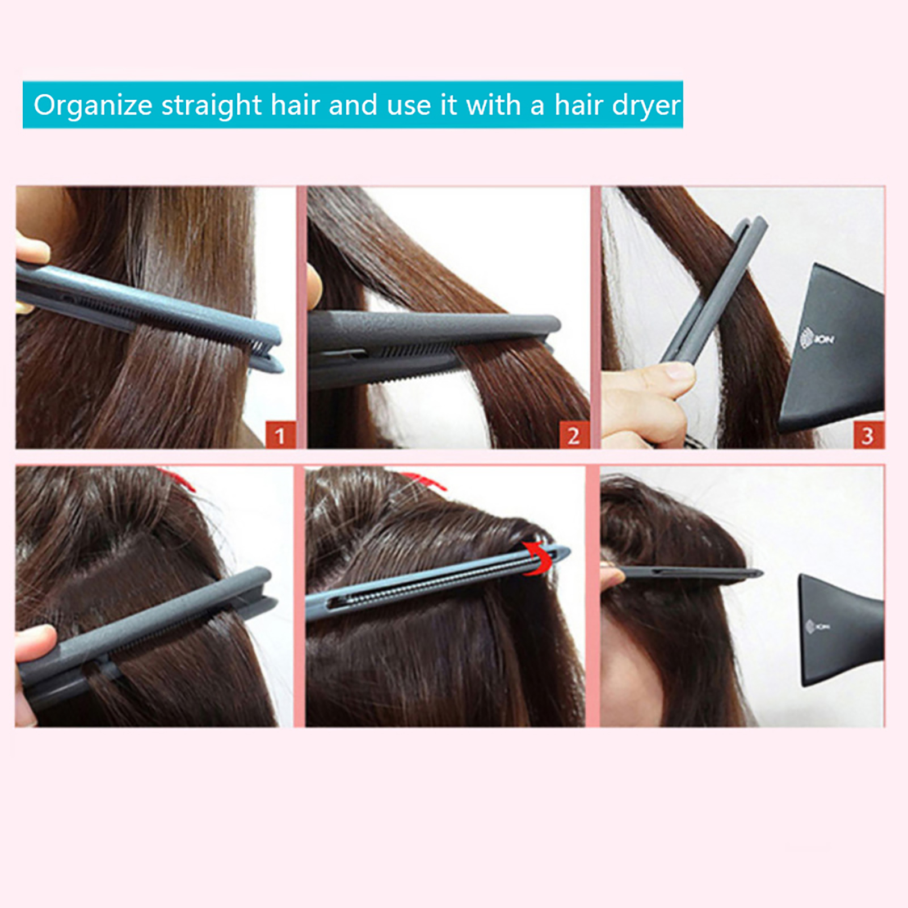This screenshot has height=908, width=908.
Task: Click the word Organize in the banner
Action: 93,106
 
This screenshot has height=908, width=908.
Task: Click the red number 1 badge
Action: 280,435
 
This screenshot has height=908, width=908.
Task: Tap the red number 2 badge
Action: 574,435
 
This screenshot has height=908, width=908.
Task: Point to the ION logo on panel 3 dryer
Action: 817,339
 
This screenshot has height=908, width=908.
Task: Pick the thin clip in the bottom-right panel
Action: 690,574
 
